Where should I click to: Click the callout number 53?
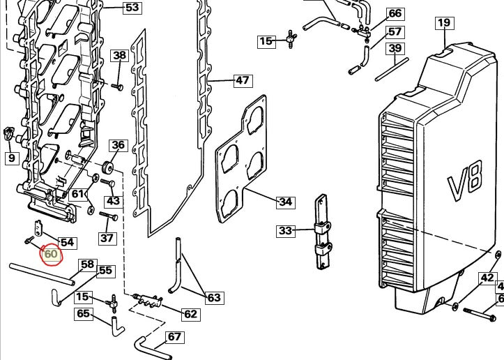tap(132, 7)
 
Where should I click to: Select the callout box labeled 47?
tap(243, 80)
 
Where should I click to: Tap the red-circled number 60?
tap(51, 254)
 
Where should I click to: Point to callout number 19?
tap(445, 23)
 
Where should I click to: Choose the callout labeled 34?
tap(285, 202)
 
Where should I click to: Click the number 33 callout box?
tap(285, 231)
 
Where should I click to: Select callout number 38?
tap(120, 55)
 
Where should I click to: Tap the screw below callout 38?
tap(117, 87)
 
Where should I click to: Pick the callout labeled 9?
tap(12, 158)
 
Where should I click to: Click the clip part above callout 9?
tap(8, 133)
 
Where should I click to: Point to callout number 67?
tap(174, 337)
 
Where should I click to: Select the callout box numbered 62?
tap(190, 314)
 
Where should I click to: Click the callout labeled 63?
tap(215, 298)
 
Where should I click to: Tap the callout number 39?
tap(395, 48)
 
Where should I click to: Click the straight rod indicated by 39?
tap(392, 70)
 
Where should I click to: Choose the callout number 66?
tap(395, 13)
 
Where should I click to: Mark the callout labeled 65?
tap(84, 313)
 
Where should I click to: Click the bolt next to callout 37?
tap(109, 216)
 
